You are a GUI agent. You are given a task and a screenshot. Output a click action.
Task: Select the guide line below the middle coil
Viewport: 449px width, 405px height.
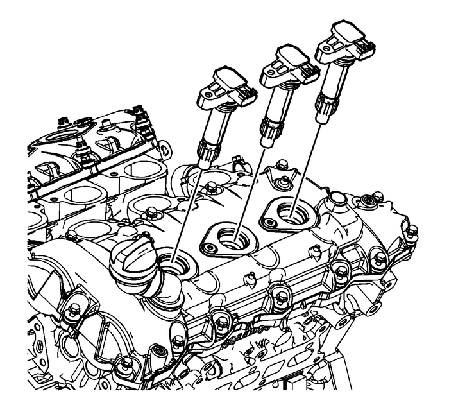[250, 186]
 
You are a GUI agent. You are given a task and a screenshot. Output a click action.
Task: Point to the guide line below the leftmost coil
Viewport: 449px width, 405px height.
[189, 205]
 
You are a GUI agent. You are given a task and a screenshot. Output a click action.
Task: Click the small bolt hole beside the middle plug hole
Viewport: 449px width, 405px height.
[208, 245]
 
